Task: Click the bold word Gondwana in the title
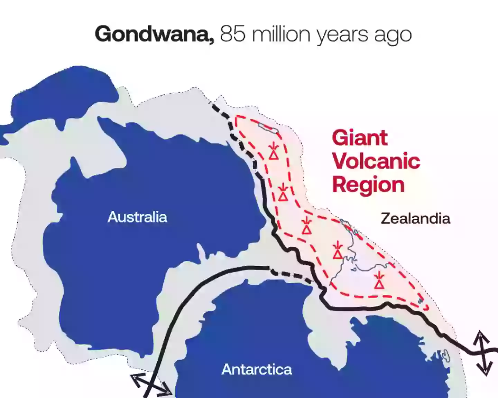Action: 154,34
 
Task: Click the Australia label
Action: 137,217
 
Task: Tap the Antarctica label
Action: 257,369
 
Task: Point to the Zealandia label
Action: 415,218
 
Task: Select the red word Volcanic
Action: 376,161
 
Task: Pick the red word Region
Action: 368,184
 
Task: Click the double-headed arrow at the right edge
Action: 483,352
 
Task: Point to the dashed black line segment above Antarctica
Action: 292,275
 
